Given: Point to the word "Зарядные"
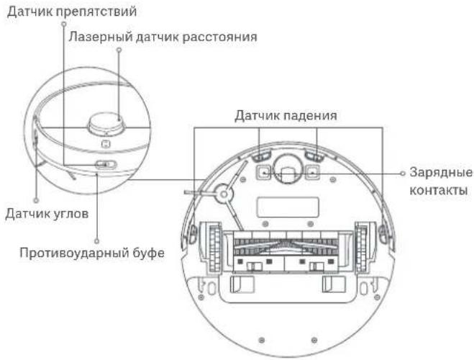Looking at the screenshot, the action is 440,173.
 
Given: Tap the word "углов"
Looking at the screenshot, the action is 70,213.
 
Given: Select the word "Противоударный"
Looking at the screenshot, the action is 69,253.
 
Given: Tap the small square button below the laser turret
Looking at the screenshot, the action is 104,143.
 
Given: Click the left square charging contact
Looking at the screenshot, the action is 263,172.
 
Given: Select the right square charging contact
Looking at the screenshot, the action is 313,172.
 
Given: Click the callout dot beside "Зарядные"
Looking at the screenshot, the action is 402,173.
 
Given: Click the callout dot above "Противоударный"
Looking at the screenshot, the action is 96,240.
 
